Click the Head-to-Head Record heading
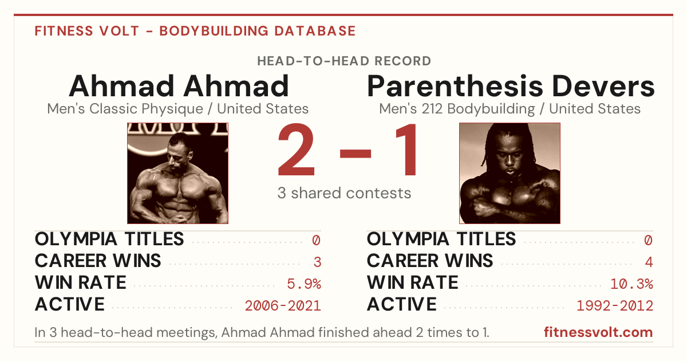344,61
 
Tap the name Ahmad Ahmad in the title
179,86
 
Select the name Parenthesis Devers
511,86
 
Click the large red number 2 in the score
297,149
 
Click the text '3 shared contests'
344,193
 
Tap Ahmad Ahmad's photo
178,173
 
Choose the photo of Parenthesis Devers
510,173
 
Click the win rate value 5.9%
304,284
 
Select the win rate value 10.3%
631,284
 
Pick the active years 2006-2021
283,306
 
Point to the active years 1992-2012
615,306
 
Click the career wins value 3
317,262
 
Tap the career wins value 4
649,262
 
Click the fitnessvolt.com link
598,332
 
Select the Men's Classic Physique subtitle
178,109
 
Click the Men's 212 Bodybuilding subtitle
510,109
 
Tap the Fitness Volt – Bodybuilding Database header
195,31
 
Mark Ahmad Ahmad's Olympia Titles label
109,239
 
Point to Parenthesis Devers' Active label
401,304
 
